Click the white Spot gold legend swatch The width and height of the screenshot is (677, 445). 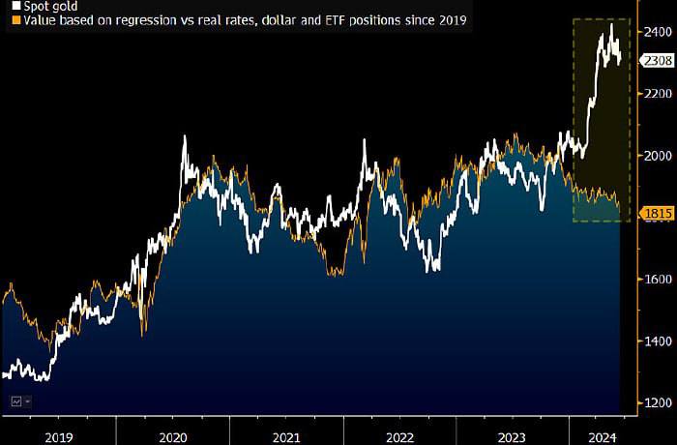[16, 6]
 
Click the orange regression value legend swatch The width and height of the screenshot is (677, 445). [16, 20]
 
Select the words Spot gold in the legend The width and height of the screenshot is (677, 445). [50, 7]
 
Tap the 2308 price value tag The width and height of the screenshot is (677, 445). [657, 61]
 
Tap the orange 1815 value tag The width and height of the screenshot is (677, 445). [657, 213]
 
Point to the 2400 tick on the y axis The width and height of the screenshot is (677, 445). [658, 32]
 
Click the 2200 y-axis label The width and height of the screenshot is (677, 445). [658, 94]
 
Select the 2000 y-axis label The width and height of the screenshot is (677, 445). [658, 156]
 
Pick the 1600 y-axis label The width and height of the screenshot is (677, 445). [658, 280]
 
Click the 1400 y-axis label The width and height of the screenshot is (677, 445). [658, 341]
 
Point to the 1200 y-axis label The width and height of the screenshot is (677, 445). [658, 403]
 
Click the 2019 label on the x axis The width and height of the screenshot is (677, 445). [59, 437]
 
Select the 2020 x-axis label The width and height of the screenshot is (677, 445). [173, 437]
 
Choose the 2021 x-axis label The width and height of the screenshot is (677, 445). [286, 437]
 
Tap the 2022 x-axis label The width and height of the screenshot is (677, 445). [399, 437]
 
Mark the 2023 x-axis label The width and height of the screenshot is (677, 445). [512, 437]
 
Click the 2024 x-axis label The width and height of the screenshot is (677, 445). [603, 437]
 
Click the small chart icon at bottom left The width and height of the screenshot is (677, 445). [16, 401]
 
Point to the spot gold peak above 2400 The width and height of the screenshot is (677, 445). [611, 25]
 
